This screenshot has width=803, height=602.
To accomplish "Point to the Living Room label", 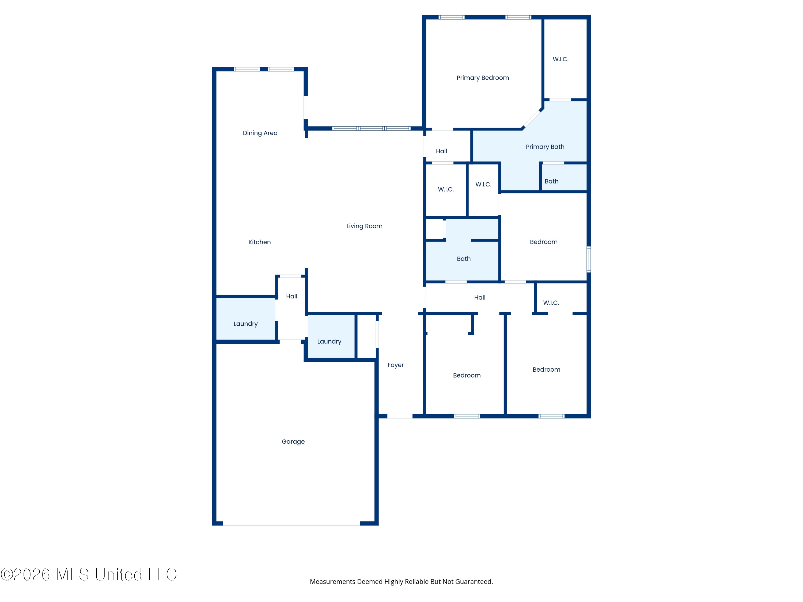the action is (364, 226).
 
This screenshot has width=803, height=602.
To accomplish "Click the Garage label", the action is (293, 442).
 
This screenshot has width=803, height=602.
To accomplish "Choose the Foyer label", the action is (395, 365).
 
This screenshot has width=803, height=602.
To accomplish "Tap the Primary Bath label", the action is (545, 147).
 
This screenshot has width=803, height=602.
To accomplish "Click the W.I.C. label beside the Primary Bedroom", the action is (560, 59).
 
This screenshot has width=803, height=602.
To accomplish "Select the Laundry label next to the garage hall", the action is (245, 324).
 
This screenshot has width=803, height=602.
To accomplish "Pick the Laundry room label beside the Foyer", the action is (329, 341).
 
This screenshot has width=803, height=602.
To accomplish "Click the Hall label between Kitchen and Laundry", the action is (291, 296).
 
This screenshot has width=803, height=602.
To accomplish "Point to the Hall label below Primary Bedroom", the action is (441, 151).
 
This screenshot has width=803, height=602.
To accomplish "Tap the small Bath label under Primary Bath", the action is (551, 181).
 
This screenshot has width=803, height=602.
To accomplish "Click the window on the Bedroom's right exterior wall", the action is (588, 259).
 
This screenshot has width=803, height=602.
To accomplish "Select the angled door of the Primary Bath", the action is (532, 118).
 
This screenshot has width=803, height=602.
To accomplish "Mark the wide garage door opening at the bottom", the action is (291, 524).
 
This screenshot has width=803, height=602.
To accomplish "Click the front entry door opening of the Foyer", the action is (400, 416).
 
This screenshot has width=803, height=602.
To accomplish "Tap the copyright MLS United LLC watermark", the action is (89, 574).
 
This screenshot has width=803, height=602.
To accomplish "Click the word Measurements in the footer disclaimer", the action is (332, 582).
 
